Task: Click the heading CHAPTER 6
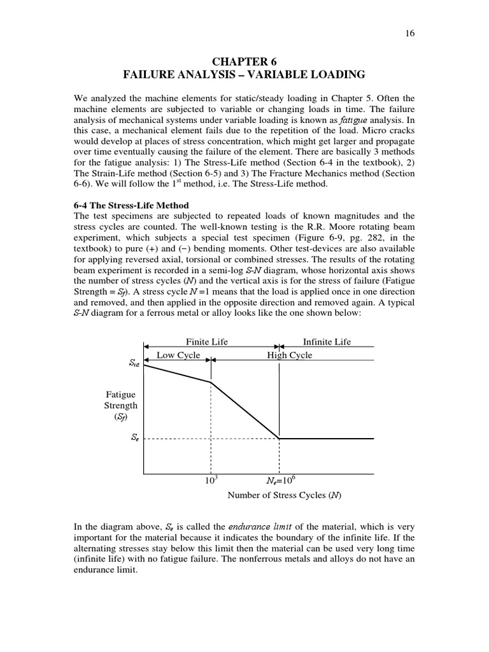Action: point(244,62)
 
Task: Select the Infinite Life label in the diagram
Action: point(327,342)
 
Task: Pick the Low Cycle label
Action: point(178,355)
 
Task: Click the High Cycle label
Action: point(290,355)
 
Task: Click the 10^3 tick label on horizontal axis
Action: point(210,482)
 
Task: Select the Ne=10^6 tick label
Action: point(279,482)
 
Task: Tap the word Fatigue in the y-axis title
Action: point(121,395)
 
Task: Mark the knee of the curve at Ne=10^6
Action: point(279,438)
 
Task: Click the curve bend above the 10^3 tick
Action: point(211,382)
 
